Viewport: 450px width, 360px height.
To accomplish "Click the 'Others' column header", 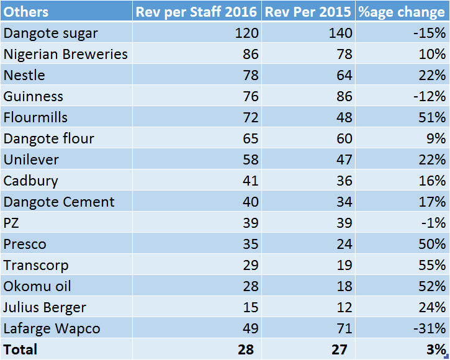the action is point(26,12).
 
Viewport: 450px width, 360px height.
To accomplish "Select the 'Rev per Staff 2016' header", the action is point(196,12).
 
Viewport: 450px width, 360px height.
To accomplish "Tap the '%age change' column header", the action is point(402,12).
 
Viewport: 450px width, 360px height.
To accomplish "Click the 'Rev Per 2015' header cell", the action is point(308,12).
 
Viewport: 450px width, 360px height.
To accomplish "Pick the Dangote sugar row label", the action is point(51,34).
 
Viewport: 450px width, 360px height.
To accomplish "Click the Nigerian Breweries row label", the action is point(65,54).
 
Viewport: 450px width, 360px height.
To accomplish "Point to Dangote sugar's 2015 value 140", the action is point(340,33).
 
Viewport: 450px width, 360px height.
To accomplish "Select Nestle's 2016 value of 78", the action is point(251,75).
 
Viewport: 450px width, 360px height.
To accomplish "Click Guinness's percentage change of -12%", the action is point(430,96).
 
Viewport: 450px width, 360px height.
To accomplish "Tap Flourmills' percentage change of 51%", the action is point(432,117).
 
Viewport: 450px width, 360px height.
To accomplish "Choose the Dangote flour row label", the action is point(49,138).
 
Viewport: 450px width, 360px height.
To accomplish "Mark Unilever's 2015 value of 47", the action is point(344,160).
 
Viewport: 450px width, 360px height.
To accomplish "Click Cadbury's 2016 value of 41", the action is point(251,181).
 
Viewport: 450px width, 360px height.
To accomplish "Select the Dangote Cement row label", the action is point(59,202).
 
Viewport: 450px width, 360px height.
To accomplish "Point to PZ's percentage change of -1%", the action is point(433,223).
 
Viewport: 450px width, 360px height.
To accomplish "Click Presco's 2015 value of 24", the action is point(344,244).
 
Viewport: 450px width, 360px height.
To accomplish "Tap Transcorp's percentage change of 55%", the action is point(432,265).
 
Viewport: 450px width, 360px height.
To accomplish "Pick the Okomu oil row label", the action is point(37,287).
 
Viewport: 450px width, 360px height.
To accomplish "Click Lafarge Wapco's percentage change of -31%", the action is point(430,328).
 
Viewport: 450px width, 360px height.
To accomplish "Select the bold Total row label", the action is point(20,349).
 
